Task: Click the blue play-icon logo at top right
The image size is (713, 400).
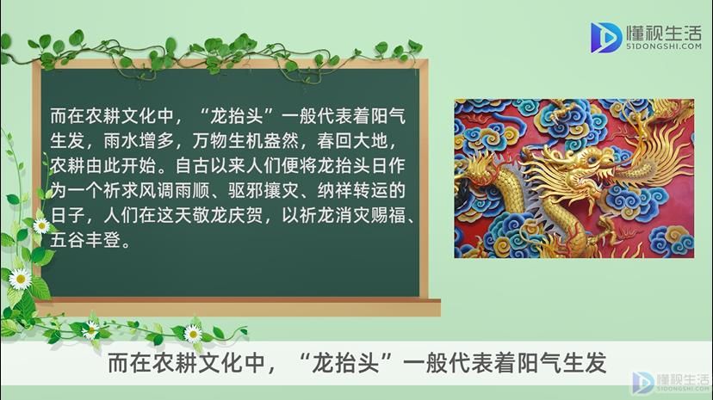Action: point(605,37)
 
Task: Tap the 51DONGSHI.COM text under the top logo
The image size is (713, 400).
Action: point(664,46)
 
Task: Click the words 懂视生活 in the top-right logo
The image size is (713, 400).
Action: point(664,32)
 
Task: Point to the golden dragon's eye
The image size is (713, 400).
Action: point(592,159)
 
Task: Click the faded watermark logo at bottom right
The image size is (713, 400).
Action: point(671,382)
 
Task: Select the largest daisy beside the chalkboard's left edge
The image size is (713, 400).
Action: point(20,279)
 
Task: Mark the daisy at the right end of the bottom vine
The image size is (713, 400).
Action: point(192,334)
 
